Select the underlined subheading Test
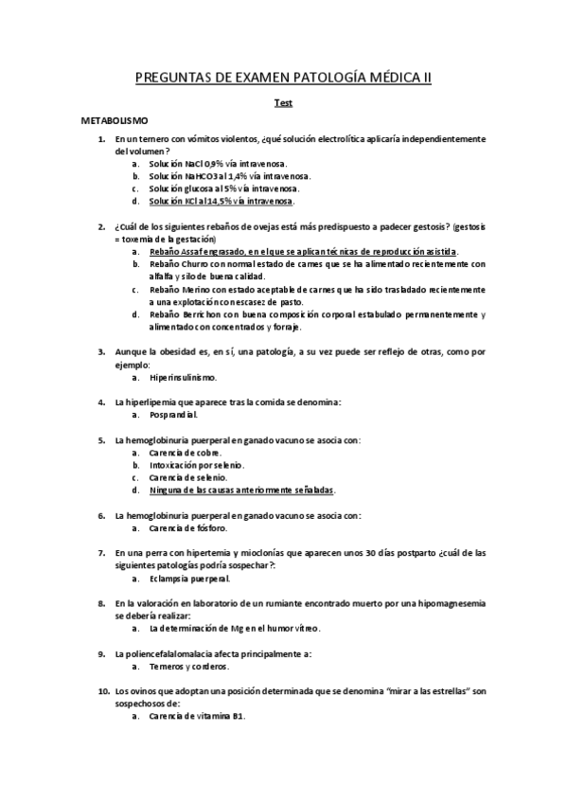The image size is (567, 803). point(283,104)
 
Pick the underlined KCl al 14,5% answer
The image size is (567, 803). point(221,201)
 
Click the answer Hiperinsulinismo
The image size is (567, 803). point(189,377)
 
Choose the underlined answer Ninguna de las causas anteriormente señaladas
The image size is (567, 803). point(242,490)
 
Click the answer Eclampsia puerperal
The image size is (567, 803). point(189,578)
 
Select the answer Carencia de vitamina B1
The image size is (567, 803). point(197,716)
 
